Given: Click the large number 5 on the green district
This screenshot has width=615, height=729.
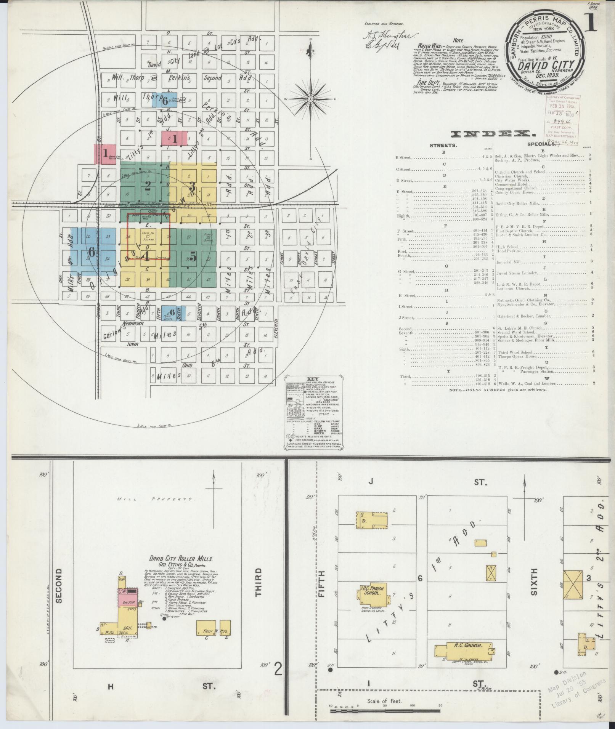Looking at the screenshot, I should (193, 257).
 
